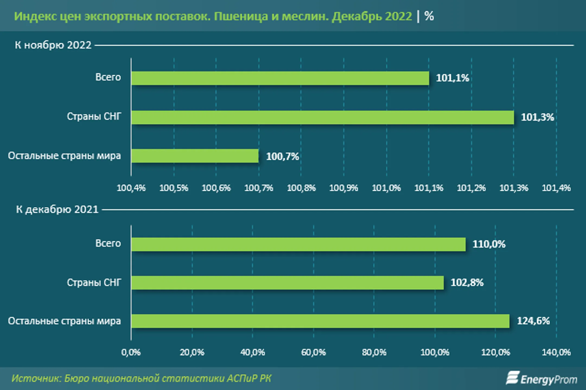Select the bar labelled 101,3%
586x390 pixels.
pos(322,117)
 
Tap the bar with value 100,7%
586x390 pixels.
pos(195,156)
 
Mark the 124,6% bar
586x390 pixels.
pos(320,321)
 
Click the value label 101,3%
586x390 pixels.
pos(537,117)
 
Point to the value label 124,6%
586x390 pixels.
pos(533,321)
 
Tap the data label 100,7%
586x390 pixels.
pos(282,156)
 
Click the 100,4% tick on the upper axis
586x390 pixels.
pos(131,188)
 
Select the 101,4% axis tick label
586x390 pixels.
pos(556,188)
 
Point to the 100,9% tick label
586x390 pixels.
pos(343,188)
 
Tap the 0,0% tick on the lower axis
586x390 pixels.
pos(131,352)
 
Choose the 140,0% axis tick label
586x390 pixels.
pos(556,352)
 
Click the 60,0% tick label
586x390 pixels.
pos(313,352)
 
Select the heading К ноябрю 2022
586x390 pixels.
pos(53,45)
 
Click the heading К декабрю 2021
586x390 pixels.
pos(57,210)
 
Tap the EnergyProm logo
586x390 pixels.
pos(541,378)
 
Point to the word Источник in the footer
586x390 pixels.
pos(36,378)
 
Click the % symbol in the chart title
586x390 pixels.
pos(429,16)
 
